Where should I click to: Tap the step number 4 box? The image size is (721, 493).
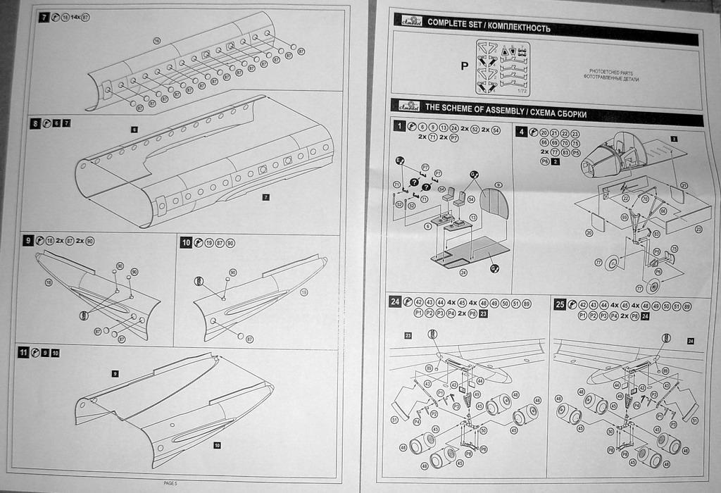(521, 132)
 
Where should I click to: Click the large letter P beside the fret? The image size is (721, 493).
(464, 66)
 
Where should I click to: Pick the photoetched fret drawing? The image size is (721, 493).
(503, 68)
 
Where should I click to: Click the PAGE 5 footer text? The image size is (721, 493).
(170, 483)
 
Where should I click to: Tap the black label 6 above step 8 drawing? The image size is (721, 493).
(133, 130)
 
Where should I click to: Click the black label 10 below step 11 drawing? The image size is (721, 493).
(216, 445)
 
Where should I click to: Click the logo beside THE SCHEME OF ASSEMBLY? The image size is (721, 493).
(406, 106)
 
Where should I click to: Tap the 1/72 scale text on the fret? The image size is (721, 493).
(521, 90)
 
